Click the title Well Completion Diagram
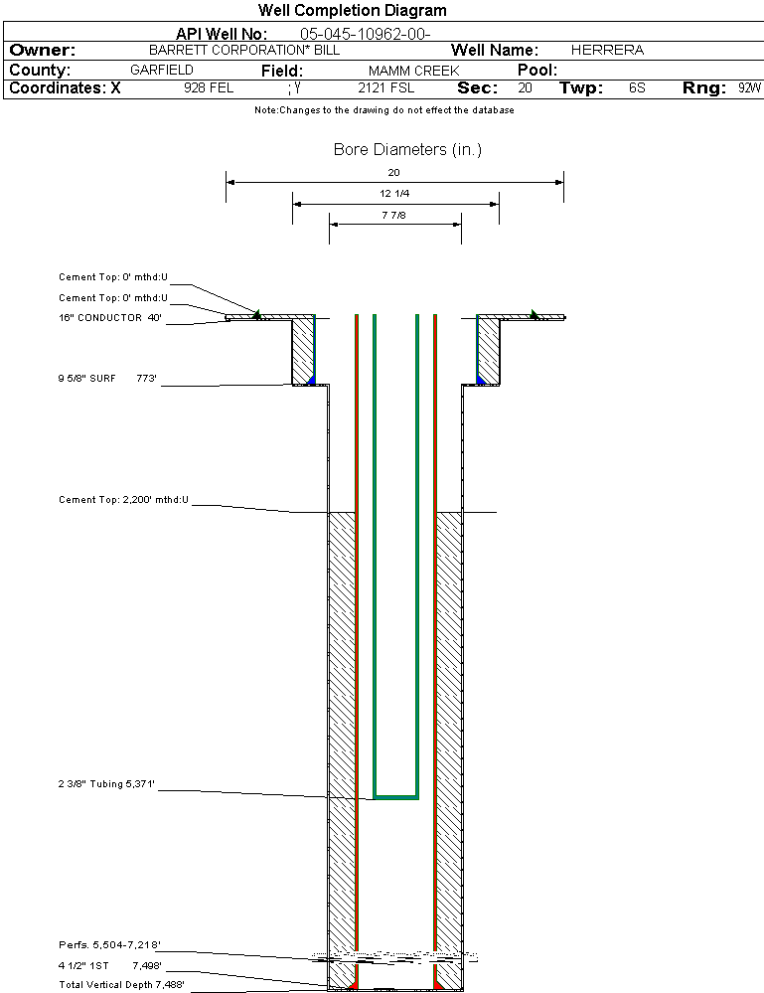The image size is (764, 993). (352, 10)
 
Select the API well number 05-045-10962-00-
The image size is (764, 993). (365, 34)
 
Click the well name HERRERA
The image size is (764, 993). (607, 50)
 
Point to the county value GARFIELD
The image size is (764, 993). (162, 71)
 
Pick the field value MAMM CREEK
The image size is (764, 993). (413, 72)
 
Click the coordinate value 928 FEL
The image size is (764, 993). (209, 88)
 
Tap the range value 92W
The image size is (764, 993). (749, 88)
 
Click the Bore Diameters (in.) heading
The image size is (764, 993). (407, 150)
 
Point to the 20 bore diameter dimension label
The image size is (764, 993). (393, 173)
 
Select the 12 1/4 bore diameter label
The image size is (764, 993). (394, 193)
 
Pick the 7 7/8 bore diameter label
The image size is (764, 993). (394, 214)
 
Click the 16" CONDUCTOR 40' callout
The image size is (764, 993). (109, 318)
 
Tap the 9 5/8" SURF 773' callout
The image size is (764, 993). (109, 379)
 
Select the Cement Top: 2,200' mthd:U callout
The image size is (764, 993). (123, 500)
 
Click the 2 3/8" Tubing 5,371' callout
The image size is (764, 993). (107, 784)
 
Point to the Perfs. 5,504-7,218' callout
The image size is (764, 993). (109, 944)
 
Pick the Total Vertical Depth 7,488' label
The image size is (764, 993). (121, 984)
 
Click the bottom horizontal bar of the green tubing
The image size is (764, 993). (395, 797)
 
